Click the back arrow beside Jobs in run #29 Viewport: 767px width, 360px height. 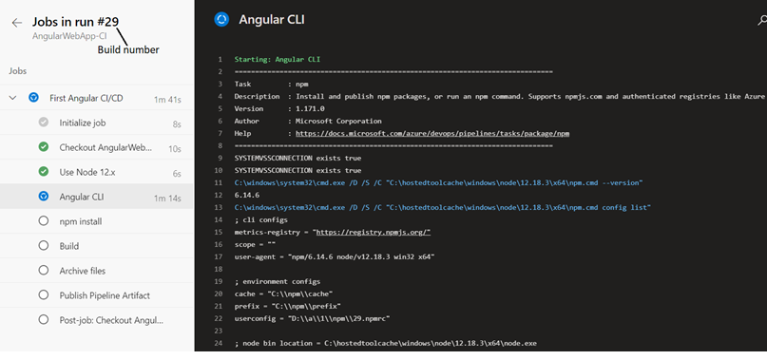coord(16,22)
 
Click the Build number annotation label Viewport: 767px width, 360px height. coord(129,49)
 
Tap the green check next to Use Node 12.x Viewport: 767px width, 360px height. coord(44,172)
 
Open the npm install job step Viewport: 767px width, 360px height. coord(81,221)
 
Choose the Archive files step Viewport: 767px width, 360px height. coord(83,271)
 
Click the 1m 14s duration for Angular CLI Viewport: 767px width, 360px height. coord(167,197)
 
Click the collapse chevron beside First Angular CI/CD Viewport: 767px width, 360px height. coord(13,97)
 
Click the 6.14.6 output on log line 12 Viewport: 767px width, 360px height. coord(245,195)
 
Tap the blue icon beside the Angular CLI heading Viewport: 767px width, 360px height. coord(221,18)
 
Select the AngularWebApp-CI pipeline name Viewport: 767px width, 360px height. coord(67,35)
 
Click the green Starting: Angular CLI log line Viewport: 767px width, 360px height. coord(278,59)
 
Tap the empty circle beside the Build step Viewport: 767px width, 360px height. coord(44,246)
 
